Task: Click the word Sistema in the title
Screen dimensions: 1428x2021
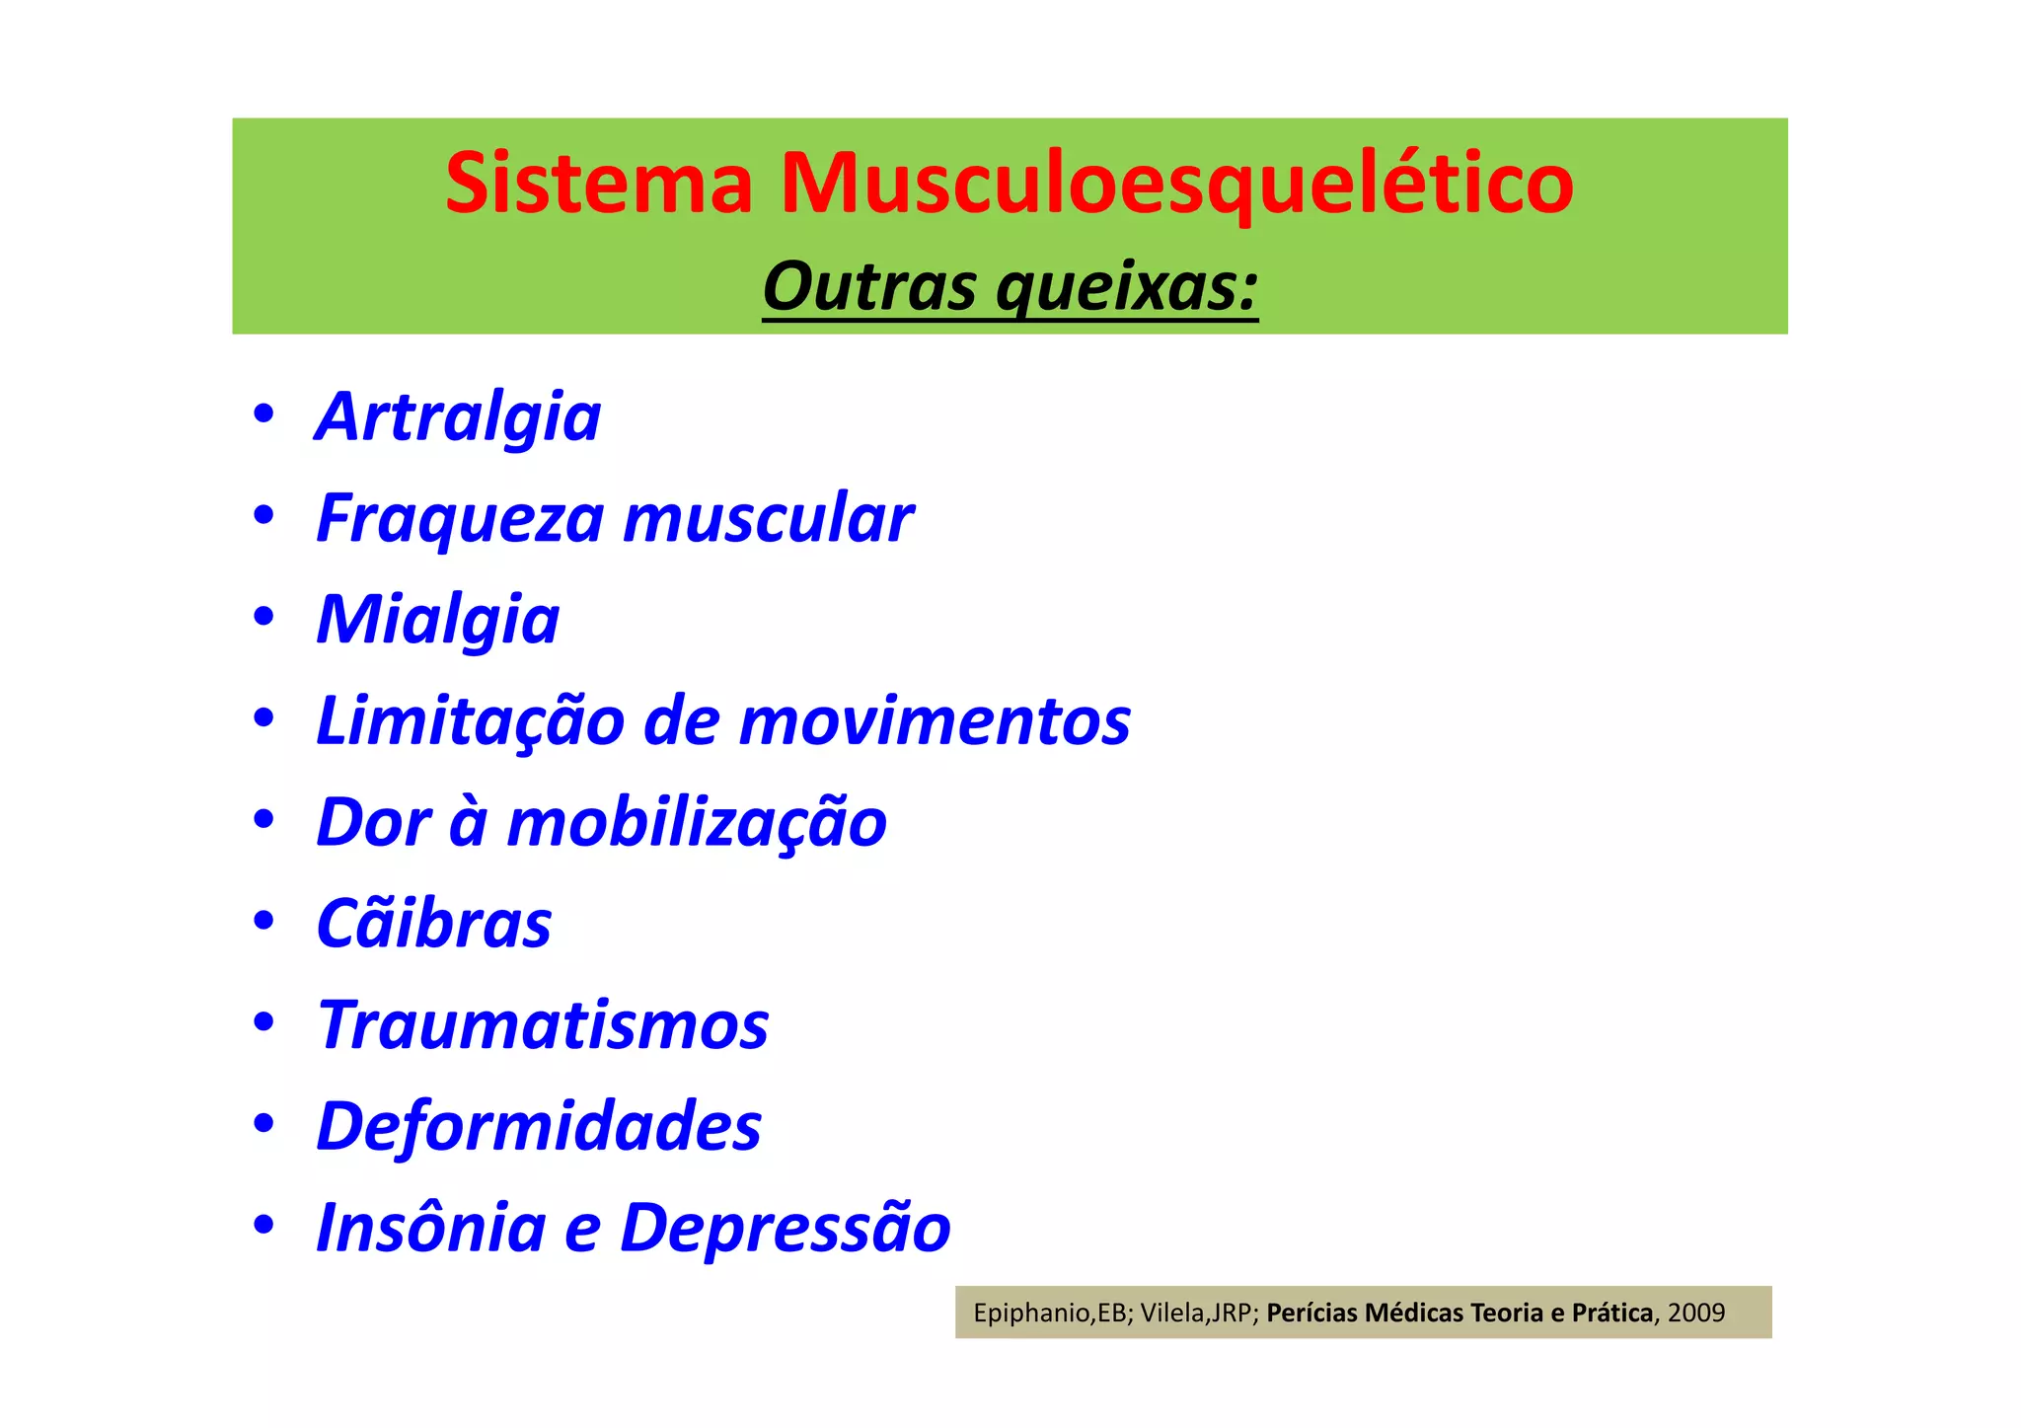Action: (x=599, y=184)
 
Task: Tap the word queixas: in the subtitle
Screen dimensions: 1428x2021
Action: (x=1127, y=289)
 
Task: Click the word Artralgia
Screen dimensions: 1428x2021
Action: (x=458, y=417)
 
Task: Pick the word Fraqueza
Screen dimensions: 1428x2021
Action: (x=460, y=520)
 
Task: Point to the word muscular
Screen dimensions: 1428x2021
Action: (x=769, y=519)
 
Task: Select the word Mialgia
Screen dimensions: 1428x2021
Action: (x=438, y=621)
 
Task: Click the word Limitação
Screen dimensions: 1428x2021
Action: (x=470, y=721)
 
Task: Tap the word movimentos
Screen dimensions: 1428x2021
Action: (x=935, y=721)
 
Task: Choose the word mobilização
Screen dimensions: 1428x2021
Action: (x=697, y=823)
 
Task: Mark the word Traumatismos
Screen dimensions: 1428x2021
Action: (x=543, y=1025)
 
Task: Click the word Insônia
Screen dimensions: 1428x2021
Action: (x=430, y=1228)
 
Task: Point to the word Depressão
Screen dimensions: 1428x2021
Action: (x=785, y=1229)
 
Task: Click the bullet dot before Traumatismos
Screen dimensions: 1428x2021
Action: (x=262, y=1023)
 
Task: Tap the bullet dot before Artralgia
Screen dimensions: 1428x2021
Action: (x=262, y=414)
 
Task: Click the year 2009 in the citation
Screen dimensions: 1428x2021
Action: (x=1696, y=1313)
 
